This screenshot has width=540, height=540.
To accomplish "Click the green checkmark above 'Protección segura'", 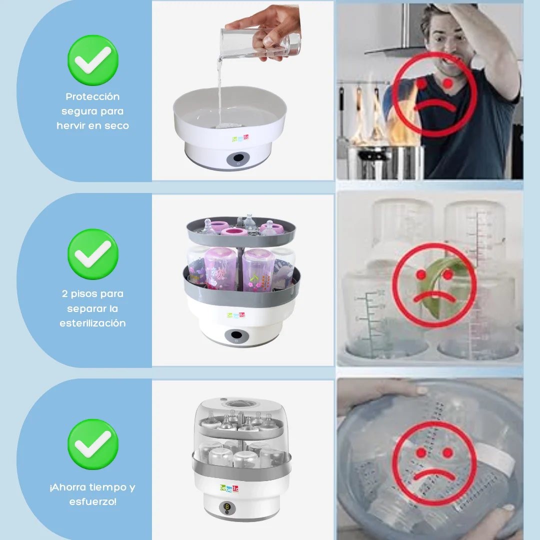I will pos(93,60).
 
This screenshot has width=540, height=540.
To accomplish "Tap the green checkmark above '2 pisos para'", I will pos(93,254).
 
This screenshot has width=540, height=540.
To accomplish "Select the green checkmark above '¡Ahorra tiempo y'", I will pos(93,444).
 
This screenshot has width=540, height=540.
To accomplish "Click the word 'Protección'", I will pos(92,96).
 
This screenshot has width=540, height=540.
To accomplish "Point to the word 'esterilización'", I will pos(92,323).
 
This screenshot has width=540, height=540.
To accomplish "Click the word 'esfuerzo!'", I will pos(92,501).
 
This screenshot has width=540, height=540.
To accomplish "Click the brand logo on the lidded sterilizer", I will pos(229,488).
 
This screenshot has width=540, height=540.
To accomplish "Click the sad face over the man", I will pos(434,94).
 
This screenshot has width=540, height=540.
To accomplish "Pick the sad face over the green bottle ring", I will pos(434,285).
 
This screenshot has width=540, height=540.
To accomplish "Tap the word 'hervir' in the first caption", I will pos(71,126).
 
